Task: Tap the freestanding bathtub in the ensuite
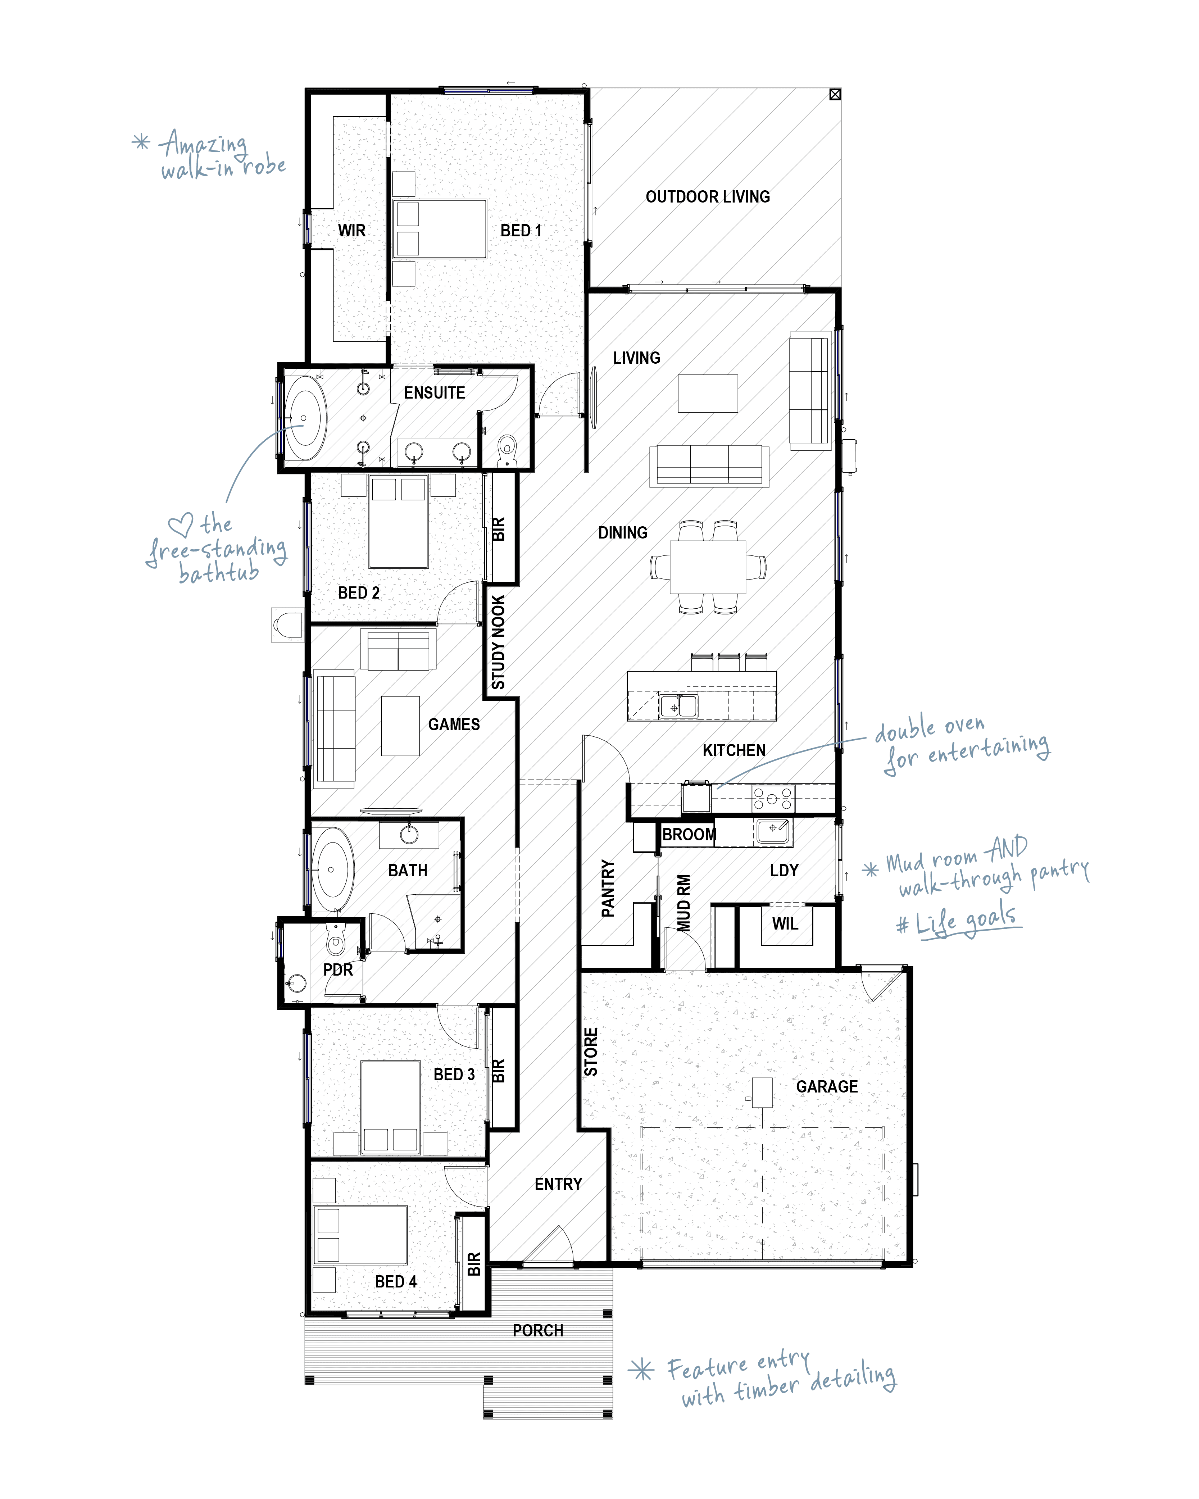click(306, 418)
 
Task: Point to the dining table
click(708, 567)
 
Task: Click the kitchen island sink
click(678, 706)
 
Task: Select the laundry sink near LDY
click(773, 831)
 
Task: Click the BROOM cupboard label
click(689, 834)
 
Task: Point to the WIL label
click(785, 924)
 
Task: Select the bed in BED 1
click(440, 230)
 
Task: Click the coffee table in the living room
click(708, 394)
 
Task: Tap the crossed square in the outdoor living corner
click(835, 95)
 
